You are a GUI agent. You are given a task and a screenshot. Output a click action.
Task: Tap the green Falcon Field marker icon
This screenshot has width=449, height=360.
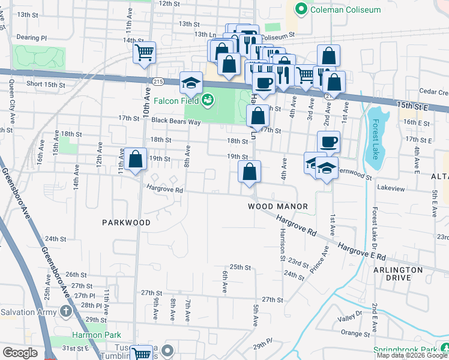click(x=208, y=99)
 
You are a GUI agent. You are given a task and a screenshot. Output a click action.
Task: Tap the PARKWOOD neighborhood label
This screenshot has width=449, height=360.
click(x=126, y=223)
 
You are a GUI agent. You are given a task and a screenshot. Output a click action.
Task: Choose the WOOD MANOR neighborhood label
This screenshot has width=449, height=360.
click(x=278, y=206)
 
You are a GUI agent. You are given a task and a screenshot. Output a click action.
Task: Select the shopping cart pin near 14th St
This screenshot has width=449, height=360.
click(x=144, y=53)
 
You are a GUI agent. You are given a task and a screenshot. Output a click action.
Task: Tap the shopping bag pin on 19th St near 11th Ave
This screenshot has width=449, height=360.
click(x=136, y=160)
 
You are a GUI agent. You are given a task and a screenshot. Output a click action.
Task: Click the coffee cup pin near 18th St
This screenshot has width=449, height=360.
click(x=328, y=142)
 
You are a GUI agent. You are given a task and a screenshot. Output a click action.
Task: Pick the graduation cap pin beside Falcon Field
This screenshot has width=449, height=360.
click(x=191, y=83)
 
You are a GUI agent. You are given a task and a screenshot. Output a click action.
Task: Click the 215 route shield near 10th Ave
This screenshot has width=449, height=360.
click(x=158, y=81)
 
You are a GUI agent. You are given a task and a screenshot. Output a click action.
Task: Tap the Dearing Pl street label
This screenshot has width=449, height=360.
click(x=31, y=37)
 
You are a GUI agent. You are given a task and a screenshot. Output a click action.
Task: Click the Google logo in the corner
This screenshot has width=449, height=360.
click(x=20, y=353)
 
